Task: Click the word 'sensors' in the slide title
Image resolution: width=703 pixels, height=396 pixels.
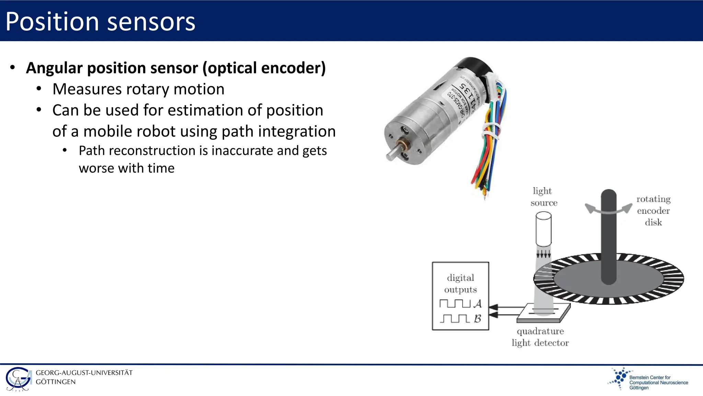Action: (x=151, y=22)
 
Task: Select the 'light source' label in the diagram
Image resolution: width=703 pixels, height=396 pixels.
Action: (x=543, y=197)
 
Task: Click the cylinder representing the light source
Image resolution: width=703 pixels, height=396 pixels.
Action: (x=543, y=229)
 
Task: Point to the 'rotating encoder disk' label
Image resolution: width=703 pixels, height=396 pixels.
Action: (x=653, y=210)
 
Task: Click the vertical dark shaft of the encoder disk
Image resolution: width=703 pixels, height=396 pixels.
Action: (x=609, y=237)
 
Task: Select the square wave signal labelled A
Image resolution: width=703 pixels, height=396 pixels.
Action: (x=455, y=304)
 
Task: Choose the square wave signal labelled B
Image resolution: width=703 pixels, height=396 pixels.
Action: (x=455, y=319)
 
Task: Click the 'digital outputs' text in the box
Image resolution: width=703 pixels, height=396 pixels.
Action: (x=460, y=284)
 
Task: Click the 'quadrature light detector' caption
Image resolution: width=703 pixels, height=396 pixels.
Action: (x=540, y=337)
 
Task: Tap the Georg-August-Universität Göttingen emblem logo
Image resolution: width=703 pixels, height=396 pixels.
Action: (x=19, y=379)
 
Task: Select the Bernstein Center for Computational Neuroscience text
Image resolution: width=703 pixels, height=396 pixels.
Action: (x=658, y=382)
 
